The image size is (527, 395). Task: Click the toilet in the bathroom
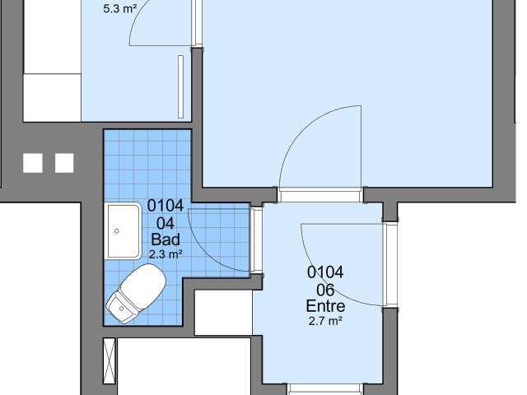(136, 293)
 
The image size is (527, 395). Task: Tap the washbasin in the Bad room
(123, 231)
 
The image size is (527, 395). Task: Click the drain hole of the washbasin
(117, 231)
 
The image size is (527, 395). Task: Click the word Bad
(166, 239)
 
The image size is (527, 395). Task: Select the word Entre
(325, 306)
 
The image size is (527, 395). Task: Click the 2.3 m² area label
(166, 254)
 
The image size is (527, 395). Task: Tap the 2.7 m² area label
(325, 321)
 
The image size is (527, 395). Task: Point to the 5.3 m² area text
(120, 9)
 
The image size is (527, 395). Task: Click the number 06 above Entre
(325, 290)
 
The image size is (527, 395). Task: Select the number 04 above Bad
(166, 223)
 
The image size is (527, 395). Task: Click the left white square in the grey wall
(33, 163)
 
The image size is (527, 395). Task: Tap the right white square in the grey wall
(64, 163)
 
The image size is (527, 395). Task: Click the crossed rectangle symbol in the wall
(110, 360)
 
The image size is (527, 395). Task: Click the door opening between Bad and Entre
(257, 239)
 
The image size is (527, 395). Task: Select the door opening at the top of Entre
(320, 195)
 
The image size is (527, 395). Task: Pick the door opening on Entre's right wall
(389, 265)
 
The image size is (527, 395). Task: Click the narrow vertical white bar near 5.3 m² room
(180, 86)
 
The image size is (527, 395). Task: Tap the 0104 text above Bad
(166, 206)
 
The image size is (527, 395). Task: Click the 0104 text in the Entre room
(325, 272)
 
